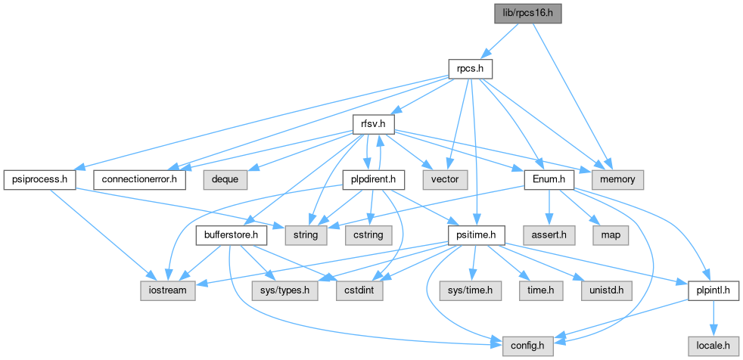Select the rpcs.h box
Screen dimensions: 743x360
point(471,69)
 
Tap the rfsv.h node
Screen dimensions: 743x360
point(374,125)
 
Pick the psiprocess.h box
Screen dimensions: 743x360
point(40,180)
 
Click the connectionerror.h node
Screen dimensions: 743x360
point(139,180)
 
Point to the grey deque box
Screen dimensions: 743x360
point(225,180)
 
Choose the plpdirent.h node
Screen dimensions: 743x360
point(374,180)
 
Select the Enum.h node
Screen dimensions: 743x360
point(549,180)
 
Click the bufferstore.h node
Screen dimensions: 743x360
point(232,235)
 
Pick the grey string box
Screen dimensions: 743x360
point(306,235)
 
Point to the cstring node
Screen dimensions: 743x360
point(368,235)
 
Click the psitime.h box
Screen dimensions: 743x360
point(477,235)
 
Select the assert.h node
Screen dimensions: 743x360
point(549,235)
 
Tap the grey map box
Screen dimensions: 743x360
point(611,235)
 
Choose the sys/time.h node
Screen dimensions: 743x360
point(470,291)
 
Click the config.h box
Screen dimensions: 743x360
point(528,346)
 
